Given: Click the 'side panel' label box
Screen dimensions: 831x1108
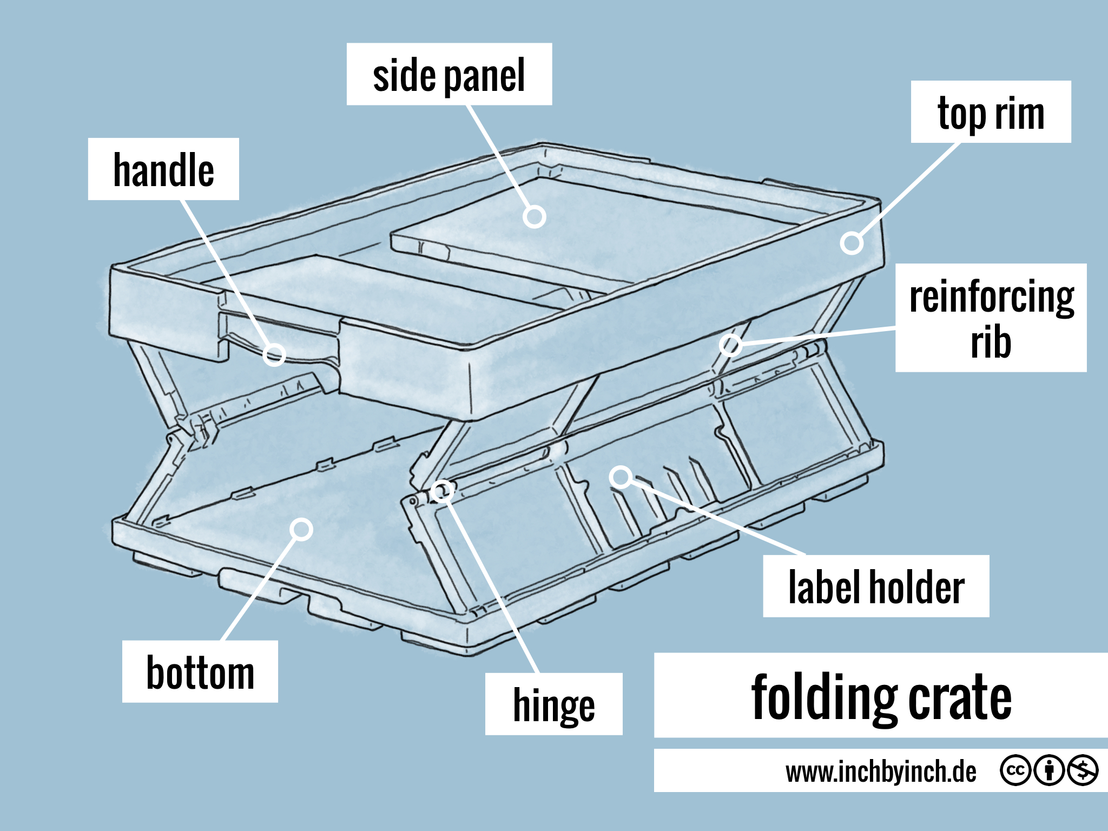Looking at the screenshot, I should (449, 74).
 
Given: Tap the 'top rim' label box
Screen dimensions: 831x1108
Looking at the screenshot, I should (991, 112).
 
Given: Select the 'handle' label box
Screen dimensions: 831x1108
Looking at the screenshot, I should (163, 169).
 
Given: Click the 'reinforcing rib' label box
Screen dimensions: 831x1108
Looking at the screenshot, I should (991, 318).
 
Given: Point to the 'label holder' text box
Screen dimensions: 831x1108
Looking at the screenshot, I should (876, 586).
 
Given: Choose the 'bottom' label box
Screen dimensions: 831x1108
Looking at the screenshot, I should (200, 671).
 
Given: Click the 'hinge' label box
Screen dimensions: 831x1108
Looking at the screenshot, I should (553, 704).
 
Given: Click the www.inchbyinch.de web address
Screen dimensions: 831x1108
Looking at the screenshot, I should (881, 771).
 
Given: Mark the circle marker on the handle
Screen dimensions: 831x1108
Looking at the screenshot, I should (274, 355).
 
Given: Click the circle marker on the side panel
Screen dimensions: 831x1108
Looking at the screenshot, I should (535, 217).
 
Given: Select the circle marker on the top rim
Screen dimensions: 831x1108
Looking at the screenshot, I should (852, 243).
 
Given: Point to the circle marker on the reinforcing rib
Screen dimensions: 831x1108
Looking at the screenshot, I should (730, 345).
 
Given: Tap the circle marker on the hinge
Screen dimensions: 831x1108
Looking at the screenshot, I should (443, 491).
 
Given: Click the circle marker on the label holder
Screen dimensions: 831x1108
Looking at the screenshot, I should (621, 477).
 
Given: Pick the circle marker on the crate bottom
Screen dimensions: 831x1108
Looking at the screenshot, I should (301, 529).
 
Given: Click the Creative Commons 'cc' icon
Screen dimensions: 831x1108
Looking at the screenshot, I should (1015, 770).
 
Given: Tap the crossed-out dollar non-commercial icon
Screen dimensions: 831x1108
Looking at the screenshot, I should (1083, 770).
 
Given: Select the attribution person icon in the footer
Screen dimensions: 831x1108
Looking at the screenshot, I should (1049, 770).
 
